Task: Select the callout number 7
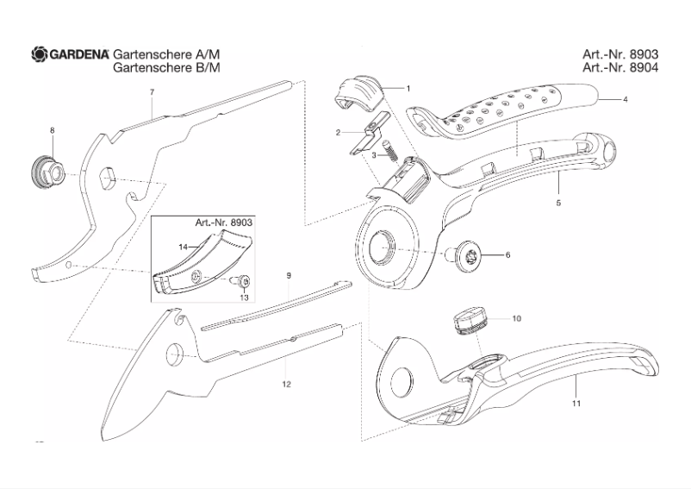152,92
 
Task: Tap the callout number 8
52,130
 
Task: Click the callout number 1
408,88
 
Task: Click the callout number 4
625,101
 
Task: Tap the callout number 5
558,203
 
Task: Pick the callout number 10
517,318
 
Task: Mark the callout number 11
576,403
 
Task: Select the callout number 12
286,384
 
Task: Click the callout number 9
289,275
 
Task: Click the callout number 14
183,247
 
